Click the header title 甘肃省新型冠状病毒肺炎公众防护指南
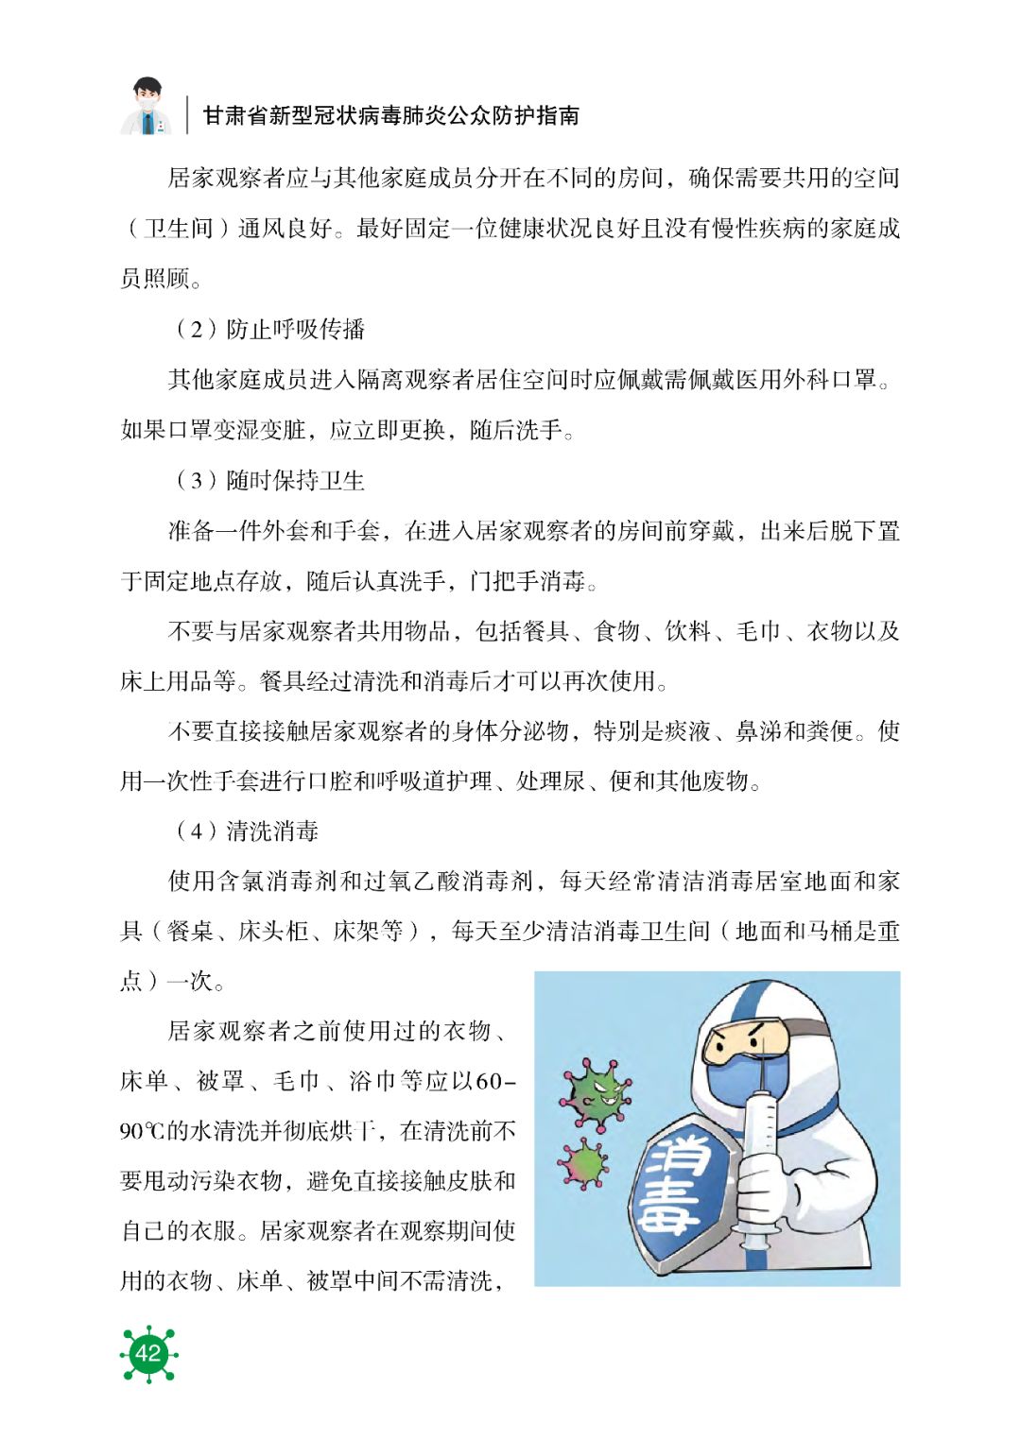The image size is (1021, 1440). click(x=390, y=115)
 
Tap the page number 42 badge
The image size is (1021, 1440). click(x=148, y=1353)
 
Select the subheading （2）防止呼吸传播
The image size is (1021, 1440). click(x=268, y=329)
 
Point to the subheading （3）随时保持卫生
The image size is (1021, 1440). click(x=268, y=480)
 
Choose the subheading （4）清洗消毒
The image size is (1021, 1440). click(x=246, y=831)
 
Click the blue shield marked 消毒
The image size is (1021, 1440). click(x=677, y=1186)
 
